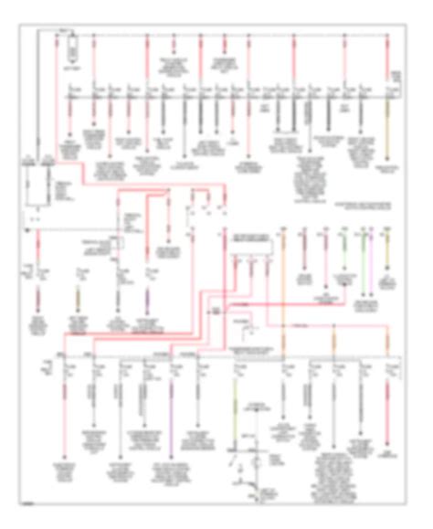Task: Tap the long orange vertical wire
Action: coord(283,274)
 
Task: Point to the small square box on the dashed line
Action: coord(216,312)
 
